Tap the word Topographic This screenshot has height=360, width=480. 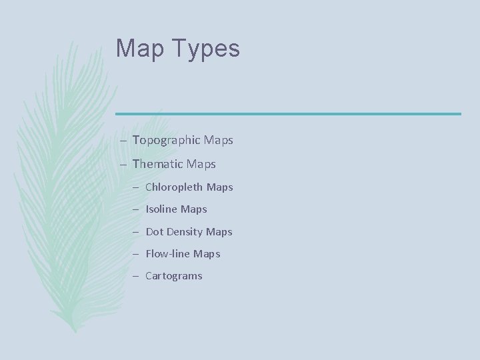coord(166,141)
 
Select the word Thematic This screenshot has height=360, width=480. coord(158,163)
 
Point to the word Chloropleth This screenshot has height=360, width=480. coord(174,187)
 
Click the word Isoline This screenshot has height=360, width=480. coord(161,209)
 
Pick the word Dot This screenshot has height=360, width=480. coord(153,231)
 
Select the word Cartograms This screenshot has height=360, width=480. coord(173,276)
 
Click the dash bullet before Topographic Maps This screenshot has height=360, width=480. coord(125,141)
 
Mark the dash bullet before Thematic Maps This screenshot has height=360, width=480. coord(125,164)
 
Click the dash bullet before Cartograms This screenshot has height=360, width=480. coord(135,276)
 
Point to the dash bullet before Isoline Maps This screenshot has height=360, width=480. coord(135,209)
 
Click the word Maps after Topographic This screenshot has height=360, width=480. coord(219,141)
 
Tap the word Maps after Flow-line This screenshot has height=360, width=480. coord(207,254)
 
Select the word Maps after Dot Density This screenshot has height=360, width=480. coord(219,231)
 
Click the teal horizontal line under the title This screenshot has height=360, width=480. coord(288,113)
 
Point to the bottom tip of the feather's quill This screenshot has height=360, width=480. coord(75,331)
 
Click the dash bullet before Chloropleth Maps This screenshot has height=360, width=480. coord(135,187)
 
